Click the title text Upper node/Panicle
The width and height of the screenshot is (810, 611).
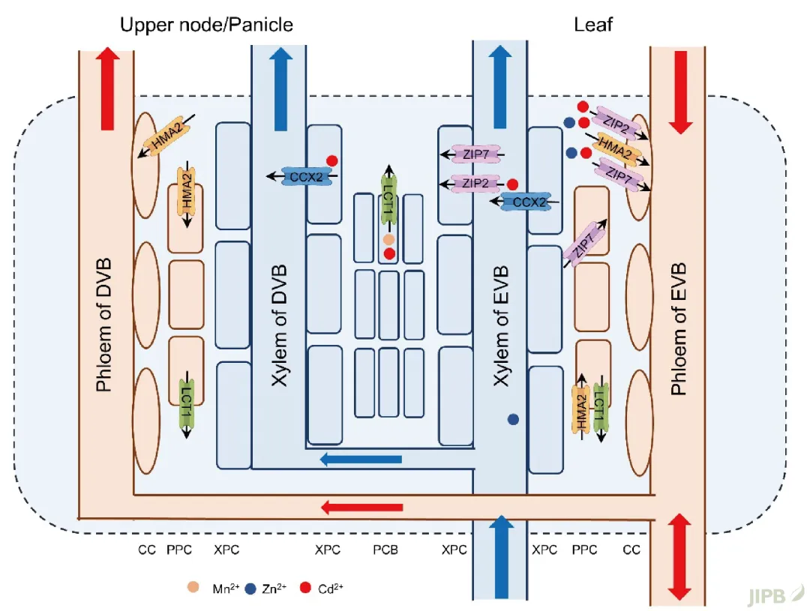(206, 25)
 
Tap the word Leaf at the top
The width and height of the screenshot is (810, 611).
(593, 25)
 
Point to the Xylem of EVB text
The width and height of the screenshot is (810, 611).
(501, 325)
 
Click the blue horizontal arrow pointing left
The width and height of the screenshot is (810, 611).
(361, 459)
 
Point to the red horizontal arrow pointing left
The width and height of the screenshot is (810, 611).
(362, 508)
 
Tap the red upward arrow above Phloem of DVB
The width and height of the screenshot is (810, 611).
(106, 88)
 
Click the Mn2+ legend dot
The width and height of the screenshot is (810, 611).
(193, 587)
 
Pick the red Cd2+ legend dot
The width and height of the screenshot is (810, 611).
(306, 587)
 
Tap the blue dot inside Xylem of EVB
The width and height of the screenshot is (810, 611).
(514, 420)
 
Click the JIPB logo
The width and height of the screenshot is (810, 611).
(776, 596)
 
